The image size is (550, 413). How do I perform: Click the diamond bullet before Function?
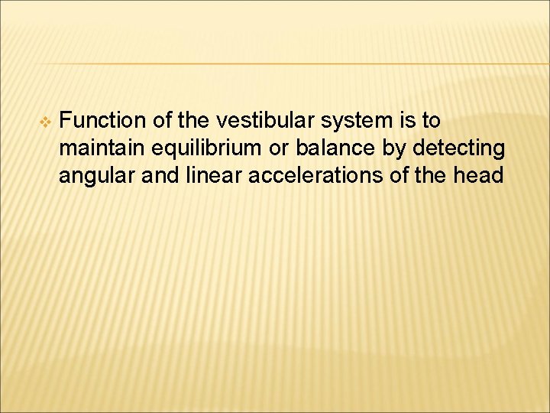(x=44, y=122)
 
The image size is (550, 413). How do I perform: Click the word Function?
(x=102, y=121)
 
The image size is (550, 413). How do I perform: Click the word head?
(x=477, y=176)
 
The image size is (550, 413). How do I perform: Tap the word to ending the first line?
(x=431, y=121)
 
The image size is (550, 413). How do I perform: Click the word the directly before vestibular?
(x=192, y=121)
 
